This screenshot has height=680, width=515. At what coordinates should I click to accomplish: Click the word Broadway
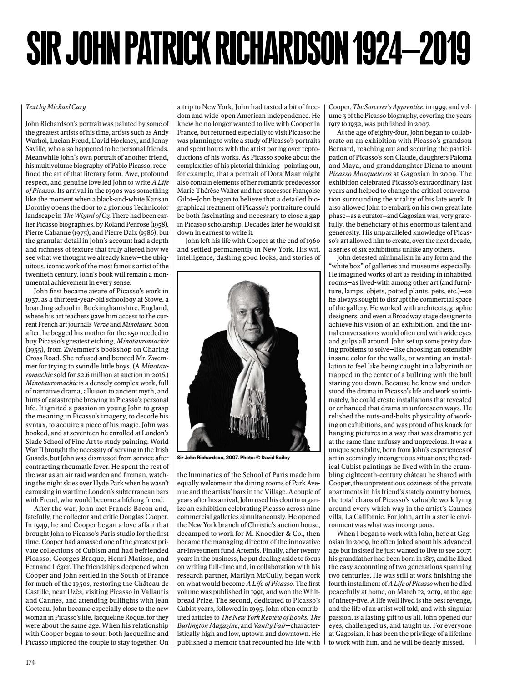(x=419, y=316)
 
